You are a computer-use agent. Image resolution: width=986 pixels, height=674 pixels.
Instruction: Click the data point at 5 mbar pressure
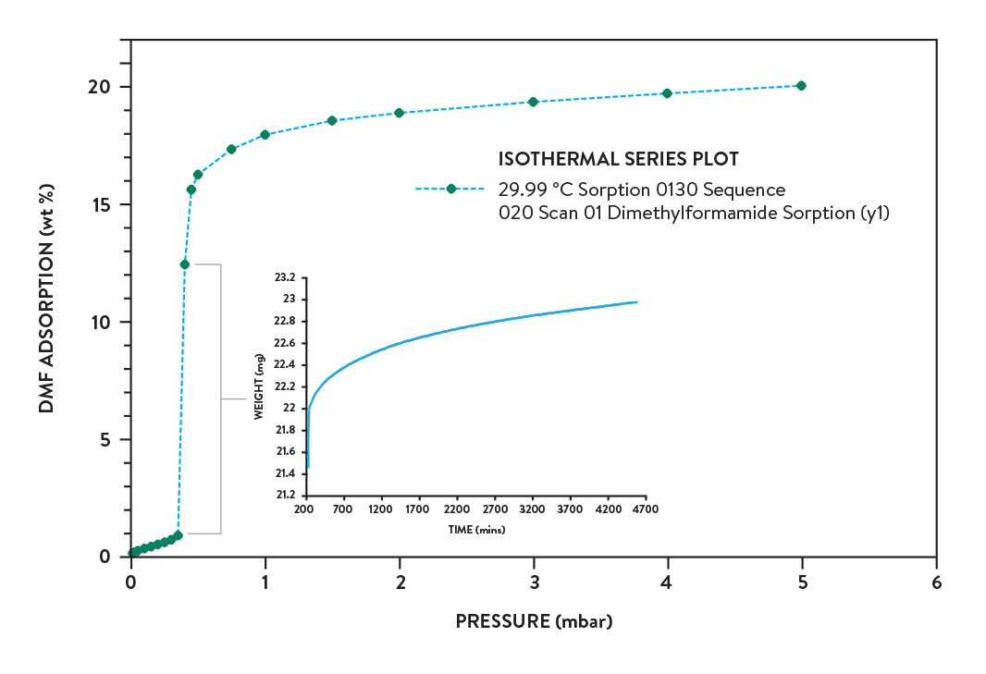click(801, 85)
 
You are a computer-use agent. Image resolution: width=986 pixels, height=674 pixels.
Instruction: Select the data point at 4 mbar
click(667, 93)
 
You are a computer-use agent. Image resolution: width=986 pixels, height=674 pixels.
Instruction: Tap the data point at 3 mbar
click(533, 102)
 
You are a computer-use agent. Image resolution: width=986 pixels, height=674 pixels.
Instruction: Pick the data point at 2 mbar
click(400, 113)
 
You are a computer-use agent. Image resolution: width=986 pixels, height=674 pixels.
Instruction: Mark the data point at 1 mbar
click(265, 134)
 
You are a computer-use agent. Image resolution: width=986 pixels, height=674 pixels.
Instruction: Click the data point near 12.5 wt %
click(184, 264)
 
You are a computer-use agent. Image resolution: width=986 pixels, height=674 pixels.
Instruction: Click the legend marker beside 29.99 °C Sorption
click(451, 189)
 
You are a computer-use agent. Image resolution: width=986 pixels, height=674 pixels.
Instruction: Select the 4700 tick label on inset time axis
click(646, 509)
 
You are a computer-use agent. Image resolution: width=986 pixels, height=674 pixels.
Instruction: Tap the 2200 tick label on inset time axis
click(457, 509)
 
